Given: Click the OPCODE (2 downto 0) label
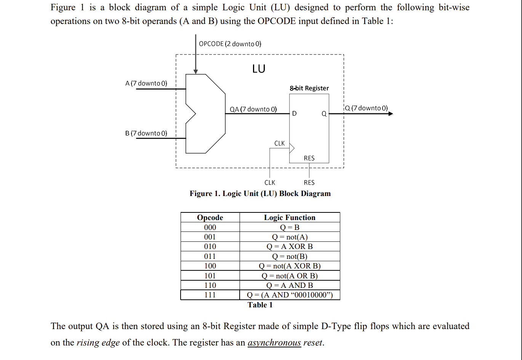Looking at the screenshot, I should point(230,44).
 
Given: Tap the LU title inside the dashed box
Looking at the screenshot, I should point(258,69).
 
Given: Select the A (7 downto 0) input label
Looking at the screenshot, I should point(146,83).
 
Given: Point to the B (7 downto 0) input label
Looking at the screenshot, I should point(146,133).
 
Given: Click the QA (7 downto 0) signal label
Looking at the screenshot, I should point(253,109).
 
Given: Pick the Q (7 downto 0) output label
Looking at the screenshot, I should point(366,108).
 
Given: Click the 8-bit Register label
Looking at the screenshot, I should point(309,88).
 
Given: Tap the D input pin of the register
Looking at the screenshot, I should point(294,114).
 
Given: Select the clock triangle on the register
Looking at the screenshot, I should point(292,148).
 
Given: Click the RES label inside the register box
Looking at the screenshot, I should point(309,158).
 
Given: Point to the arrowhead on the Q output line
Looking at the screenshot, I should point(391,114).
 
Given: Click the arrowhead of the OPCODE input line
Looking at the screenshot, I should point(195,71).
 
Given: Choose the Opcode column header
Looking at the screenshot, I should point(210,217).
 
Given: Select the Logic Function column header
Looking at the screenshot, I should point(290,217).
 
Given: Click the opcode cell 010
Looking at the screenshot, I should point(210,246).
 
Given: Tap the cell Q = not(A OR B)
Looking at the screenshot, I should point(290,276).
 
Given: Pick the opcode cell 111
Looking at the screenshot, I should point(210,295).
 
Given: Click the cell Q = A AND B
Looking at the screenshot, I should point(290,285).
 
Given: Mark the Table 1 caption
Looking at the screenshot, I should point(260,305).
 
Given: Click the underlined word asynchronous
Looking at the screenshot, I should point(274,342).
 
